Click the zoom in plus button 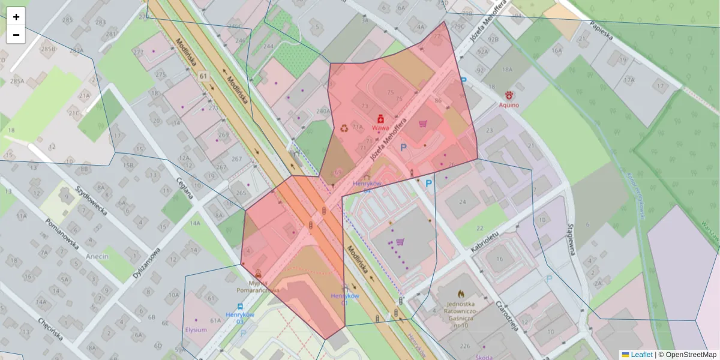click(x=16, y=17)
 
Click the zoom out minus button click(x=16, y=35)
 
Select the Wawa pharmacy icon click(x=379, y=119)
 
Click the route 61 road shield click(x=203, y=76)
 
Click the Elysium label click(x=196, y=329)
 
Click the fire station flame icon click(x=461, y=294)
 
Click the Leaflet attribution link click(x=641, y=355)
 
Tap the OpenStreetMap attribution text click(x=687, y=355)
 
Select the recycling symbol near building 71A click(x=344, y=127)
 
